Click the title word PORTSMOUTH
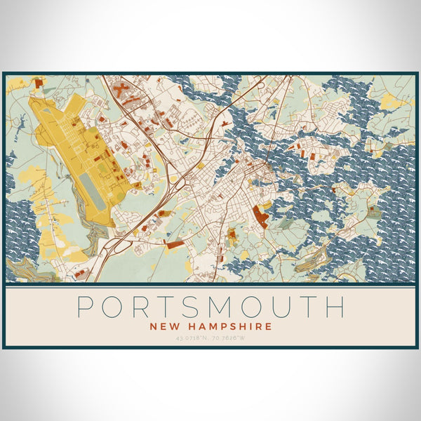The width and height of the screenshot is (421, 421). [x=210, y=307]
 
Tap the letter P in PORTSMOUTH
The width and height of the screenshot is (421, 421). [x=86, y=307]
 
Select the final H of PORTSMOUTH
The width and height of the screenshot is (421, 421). [x=335, y=307]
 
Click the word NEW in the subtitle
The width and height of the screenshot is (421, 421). [x=163, y=326]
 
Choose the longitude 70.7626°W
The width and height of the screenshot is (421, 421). [x=229, y=339]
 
